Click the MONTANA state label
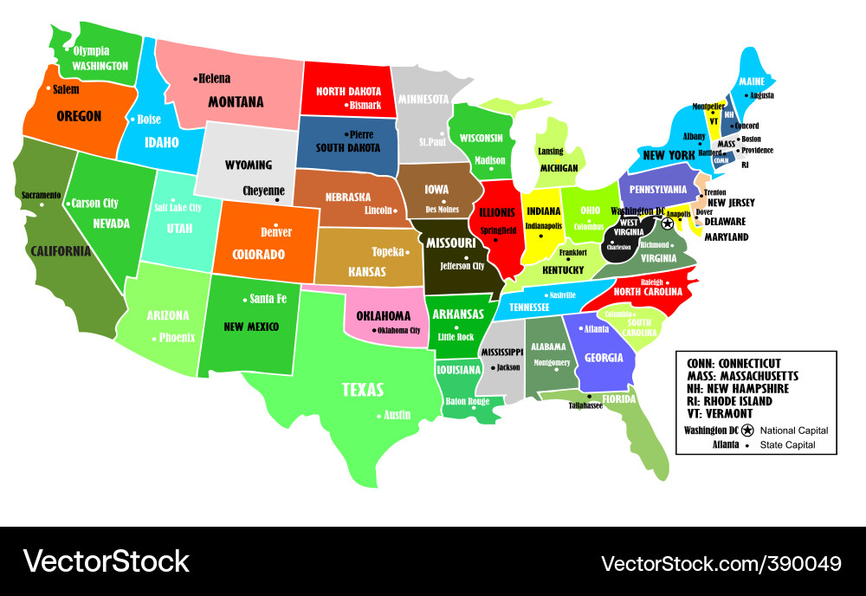click(x=236, y=101)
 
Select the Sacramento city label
click(x=41, y=195)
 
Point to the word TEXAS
click(x=363, y=390)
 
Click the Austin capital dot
click(x=378, y=416)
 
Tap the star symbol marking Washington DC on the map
click(x=668, y=223)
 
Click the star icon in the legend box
click(x=747, y=431)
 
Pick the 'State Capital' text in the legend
click(x=787, y=445)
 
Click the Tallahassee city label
click(x=586, y=405)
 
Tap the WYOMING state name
click(x=249, y=165)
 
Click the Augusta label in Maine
click(x=761, y=95)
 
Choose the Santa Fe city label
click(x=268, y=299)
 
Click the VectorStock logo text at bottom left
click(x=107, y=561)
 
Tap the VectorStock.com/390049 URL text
click(x=721, y=563)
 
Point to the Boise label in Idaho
click(x=149, y=119)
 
